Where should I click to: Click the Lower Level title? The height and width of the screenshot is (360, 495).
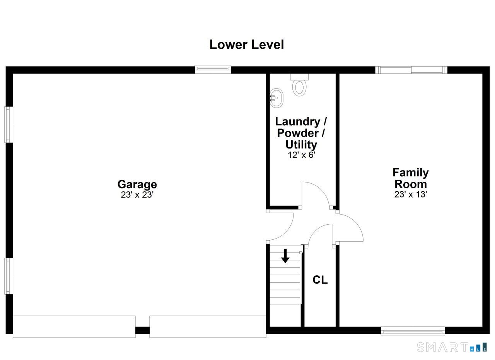pos(246,44)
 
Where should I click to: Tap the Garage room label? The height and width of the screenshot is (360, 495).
pos(137,184)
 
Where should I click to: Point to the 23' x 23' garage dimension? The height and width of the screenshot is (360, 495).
pos(137,195)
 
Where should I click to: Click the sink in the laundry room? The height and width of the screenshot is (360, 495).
pos(276,98)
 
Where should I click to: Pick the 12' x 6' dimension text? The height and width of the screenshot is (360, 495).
pos(301,155)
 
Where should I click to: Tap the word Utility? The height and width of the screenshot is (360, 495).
pos(301,145)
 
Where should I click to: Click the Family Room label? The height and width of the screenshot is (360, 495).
pos(411,178)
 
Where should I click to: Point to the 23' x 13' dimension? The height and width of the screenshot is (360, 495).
pos(411,195)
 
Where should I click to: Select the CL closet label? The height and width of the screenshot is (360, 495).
pos(320,280)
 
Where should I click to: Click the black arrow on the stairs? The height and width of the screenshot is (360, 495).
pos(285,256)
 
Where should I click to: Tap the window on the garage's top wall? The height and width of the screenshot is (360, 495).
pos(213,69)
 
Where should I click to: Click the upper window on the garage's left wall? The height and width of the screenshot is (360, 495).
pos(9,125)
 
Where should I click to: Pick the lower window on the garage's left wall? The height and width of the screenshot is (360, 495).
pos(9,276)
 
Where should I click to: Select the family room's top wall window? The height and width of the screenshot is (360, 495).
pos(411,70)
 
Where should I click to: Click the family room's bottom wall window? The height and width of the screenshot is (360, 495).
pos(413,331)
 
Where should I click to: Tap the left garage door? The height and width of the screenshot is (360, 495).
pos(74,327)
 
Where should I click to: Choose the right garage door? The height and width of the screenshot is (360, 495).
pos(208,327)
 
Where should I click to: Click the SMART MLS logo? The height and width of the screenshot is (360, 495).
pos(452,347)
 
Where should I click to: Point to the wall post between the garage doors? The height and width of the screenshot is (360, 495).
pos(143,330)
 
